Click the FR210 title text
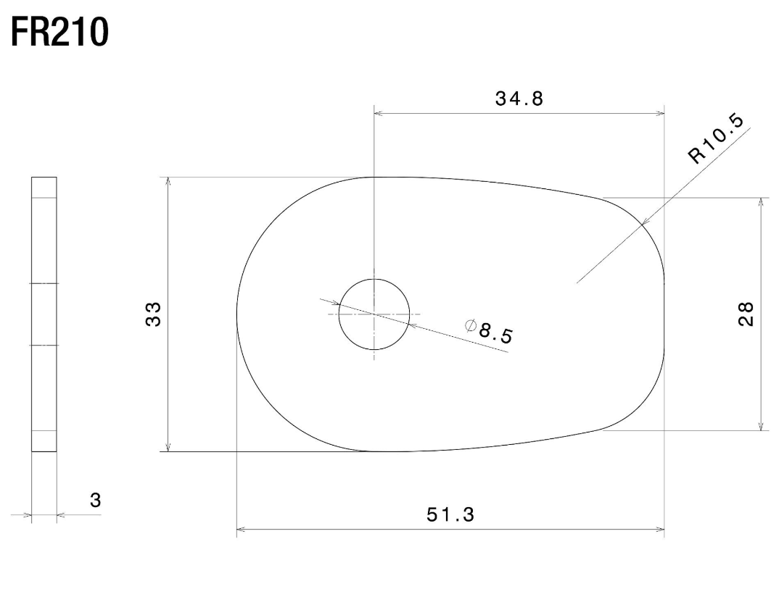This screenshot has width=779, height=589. pos(59,33)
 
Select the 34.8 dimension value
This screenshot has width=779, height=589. pos(519,100)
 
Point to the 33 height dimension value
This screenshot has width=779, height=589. pos(153,314)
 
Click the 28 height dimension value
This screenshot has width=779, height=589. pos(746,314)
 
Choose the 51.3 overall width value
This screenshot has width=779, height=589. pos(450,514)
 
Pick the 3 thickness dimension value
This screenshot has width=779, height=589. pos(95,500)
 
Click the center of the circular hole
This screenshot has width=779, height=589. pos(374,314)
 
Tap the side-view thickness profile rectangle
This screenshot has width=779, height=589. pos(44,314)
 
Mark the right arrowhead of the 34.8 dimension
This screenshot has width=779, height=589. pos(660,113)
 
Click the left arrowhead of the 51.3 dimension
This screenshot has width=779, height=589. pos(242,530)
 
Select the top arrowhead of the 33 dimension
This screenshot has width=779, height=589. pos(168,181)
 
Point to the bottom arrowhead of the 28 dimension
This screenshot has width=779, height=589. pos(760,427)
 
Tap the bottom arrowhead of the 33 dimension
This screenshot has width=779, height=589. pos(168,447)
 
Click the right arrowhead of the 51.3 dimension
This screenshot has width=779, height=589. pos(660,530)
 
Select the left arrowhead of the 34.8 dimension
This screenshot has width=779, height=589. pos(378,113)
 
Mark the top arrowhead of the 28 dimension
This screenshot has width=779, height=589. pos(760,201)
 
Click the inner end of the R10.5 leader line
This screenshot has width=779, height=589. pos(576,283)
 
